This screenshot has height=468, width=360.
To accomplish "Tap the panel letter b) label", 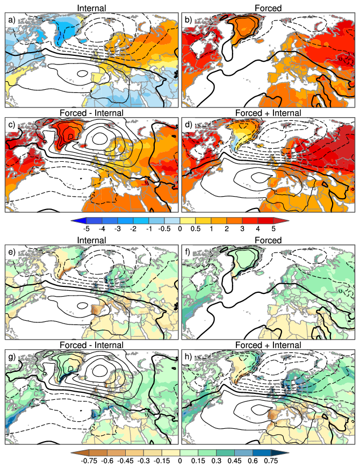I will pyautogui.click(x=189, y=20).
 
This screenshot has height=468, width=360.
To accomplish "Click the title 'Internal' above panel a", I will pyautogui.click(x=92, y=8).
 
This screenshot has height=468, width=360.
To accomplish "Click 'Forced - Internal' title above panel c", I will pyautogui.click(x=92, y=113).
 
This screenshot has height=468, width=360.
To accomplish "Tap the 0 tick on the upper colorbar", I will pyautogui.click(x=180, y=228).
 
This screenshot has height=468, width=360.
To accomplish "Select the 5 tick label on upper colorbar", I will pyautogui.click(x=274, y=228).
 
